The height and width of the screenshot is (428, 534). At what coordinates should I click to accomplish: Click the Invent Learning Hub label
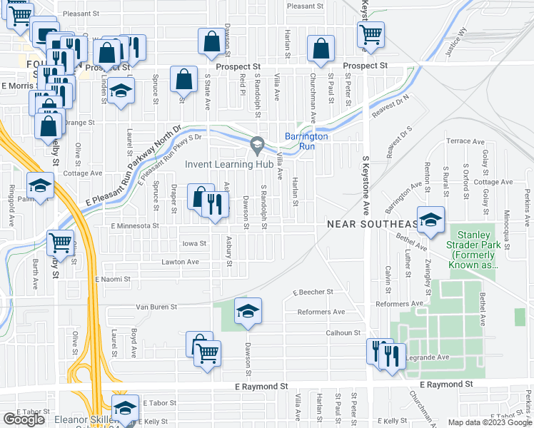tap(230, 164)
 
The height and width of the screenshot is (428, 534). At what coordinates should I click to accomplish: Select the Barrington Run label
tap(306, 141)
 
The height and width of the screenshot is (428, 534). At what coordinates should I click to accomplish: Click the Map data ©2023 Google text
tap(489, 422)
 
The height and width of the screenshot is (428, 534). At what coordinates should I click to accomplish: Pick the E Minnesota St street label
tap(133, 225)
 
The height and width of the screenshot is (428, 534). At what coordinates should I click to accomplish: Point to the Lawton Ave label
tap(180, 262)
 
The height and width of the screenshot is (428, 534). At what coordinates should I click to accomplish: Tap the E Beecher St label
tap(313, 292)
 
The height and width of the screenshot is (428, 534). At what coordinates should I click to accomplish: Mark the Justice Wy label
tap(453, 41)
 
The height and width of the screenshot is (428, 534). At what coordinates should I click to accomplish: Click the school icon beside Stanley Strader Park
tap(430, 220)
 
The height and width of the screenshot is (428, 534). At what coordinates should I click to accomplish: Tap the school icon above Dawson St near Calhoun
tap(248, 311)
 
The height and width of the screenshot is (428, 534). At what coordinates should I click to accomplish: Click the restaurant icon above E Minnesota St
tap(216, 205)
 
